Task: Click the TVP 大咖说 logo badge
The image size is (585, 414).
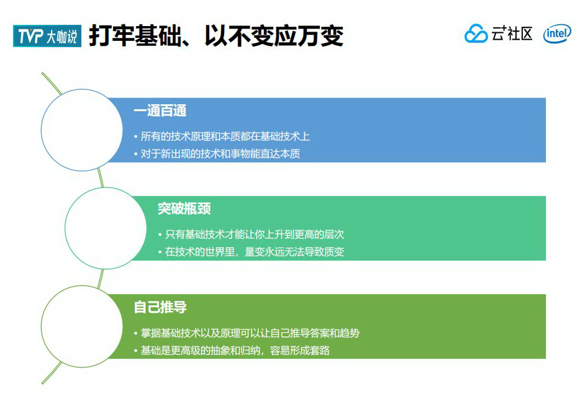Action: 47,37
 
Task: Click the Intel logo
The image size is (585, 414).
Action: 556,35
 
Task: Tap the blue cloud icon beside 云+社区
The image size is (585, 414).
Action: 476,34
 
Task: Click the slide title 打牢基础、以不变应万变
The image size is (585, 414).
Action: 215,36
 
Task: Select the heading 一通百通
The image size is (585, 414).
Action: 160,111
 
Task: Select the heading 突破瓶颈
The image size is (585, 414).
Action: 184,209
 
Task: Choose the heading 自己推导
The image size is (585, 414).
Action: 160,307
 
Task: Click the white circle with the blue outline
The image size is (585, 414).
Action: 81,130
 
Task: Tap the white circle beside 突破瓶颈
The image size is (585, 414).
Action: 106,228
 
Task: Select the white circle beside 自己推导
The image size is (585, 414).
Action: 81,326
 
